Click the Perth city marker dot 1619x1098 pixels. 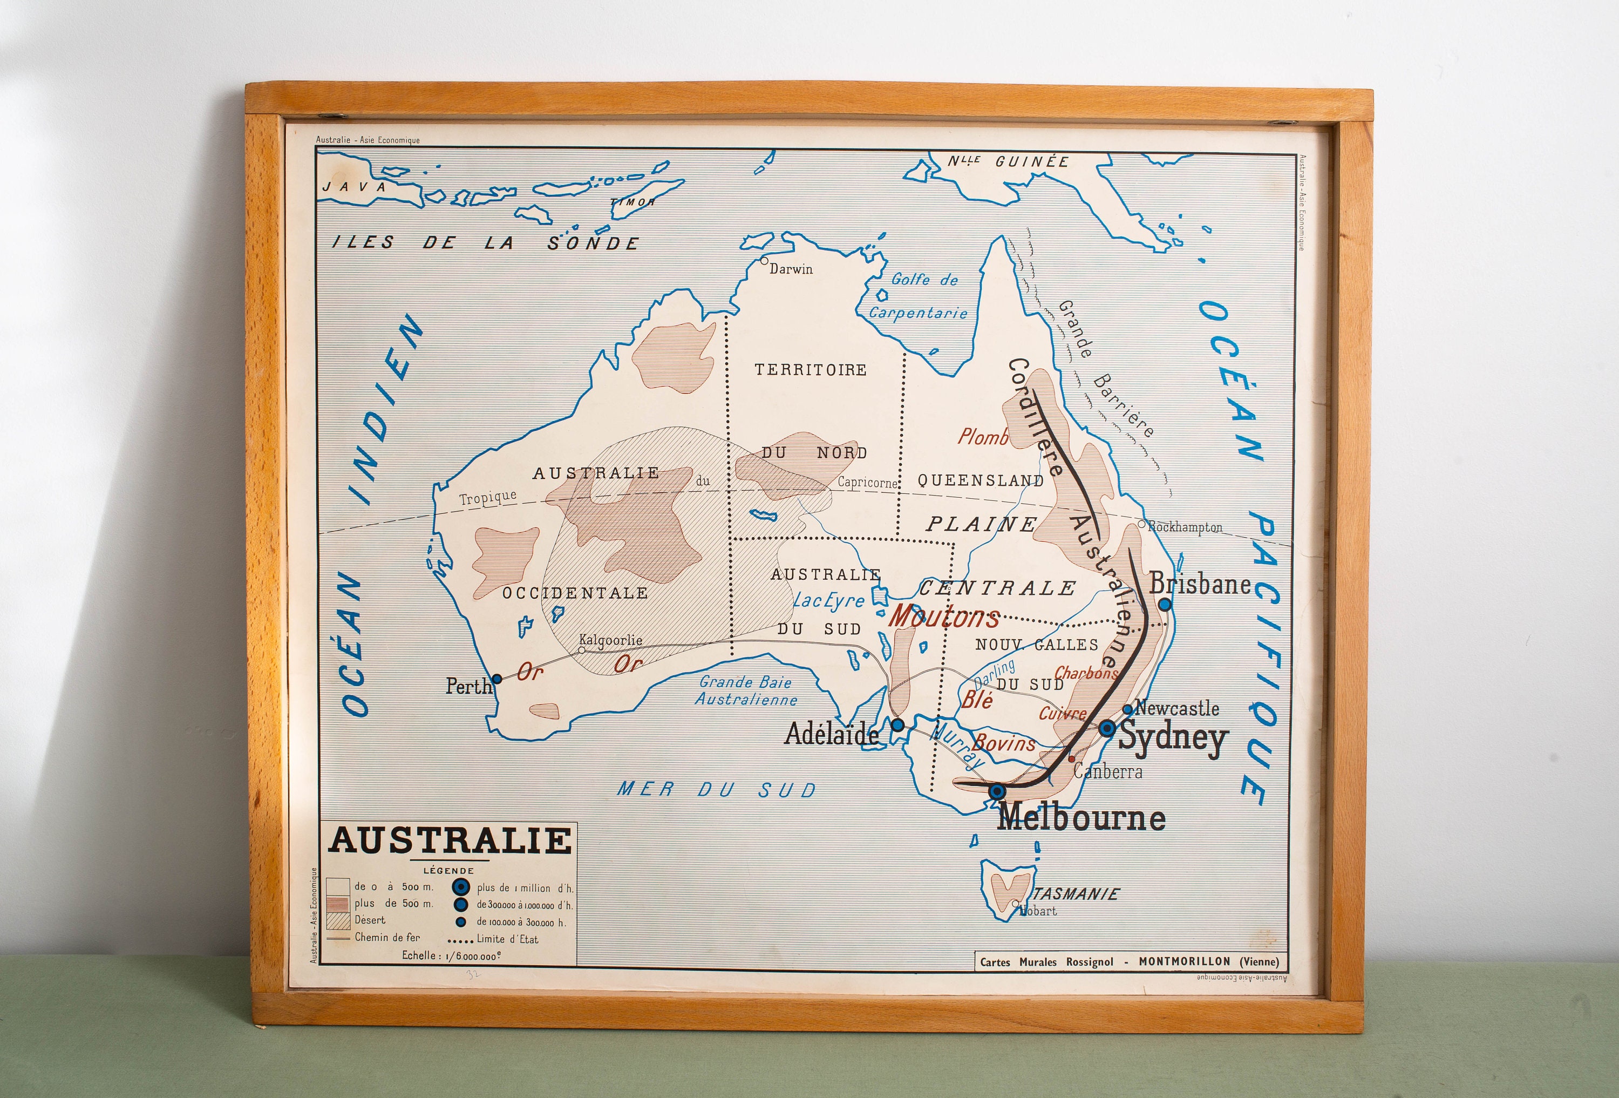[496, 679]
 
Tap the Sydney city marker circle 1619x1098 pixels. [1107, 728]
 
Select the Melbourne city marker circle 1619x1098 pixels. [997, 791]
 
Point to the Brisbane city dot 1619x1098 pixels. [1165, 605]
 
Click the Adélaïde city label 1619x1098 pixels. [831, 733]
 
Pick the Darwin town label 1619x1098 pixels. [791, 269]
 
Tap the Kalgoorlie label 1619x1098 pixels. [610, 640]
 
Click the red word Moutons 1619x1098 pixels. [944, 616]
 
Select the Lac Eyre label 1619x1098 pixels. [828, 601]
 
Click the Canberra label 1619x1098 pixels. [1107, 772]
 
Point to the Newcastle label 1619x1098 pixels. [1178, 709]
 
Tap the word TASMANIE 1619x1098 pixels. [1077, 894]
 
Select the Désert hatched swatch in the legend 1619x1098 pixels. [338, 921]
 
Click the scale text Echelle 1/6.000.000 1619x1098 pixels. [451, 955]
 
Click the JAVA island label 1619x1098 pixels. [354, 187]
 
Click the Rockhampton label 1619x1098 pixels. [1184, 527]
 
